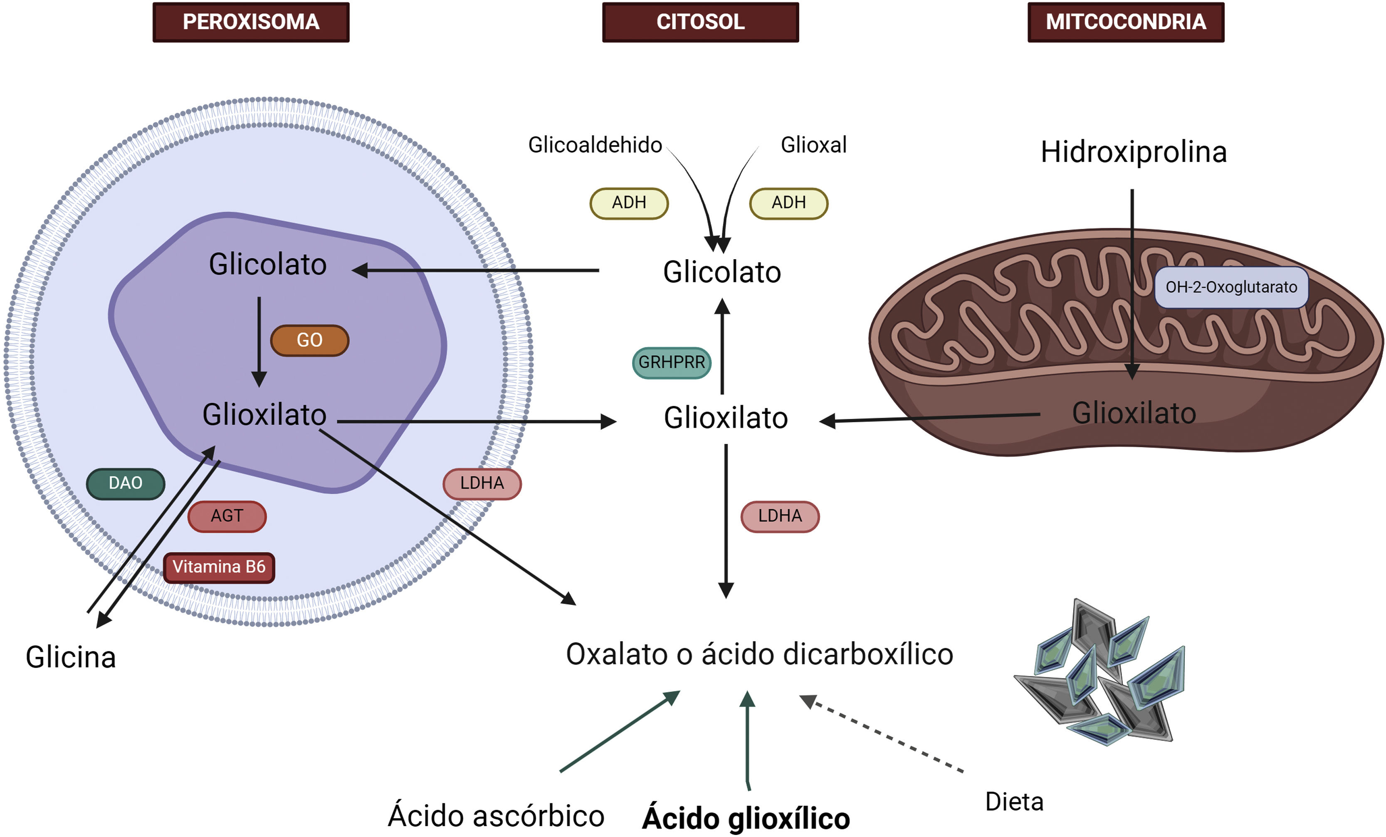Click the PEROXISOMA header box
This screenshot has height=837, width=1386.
tap(251, 22)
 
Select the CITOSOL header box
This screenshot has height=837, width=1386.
tap(700, 22)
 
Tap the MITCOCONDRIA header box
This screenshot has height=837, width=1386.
tap(1126, 22)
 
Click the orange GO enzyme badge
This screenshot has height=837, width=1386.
tap(309, 340)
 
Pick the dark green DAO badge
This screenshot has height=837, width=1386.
tap(126, 483)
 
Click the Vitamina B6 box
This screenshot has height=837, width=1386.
tap(219, 567)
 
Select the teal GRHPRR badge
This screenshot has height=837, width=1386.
tap(672, 362)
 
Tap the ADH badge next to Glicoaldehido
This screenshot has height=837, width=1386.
tap(629, 203)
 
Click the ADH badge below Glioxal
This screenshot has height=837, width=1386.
tap(788, 203)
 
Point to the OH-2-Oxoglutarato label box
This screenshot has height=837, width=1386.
tap(1231, 287)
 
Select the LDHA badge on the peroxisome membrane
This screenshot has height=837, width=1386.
tap(482, 483)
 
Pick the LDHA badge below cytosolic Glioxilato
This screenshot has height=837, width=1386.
tap(780, 516)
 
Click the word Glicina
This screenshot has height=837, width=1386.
tap(71, 657)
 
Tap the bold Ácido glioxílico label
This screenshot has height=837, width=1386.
tap(746, 818)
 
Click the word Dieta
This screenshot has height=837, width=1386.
tap(1014, 802)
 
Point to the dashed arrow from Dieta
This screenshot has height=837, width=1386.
tap(882, 733)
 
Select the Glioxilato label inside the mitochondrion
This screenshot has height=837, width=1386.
tap(1134, 413)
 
